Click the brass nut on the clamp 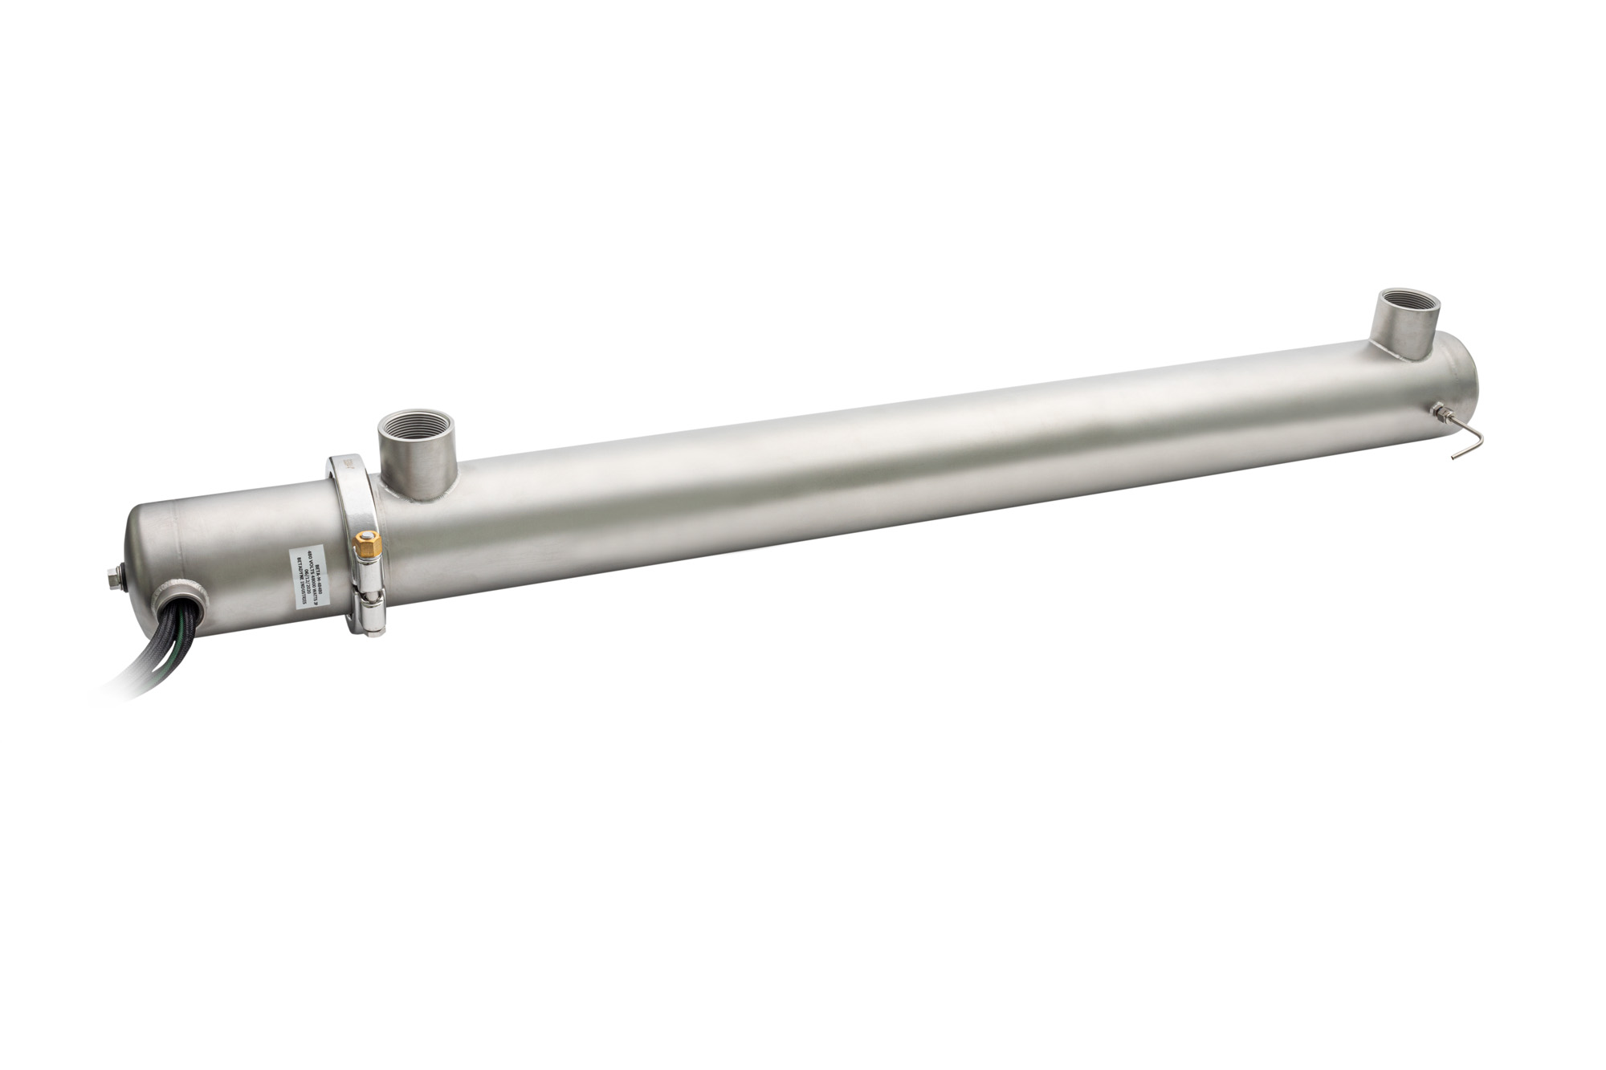(x=365, y=543)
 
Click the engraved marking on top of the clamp (x=348, y=466)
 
